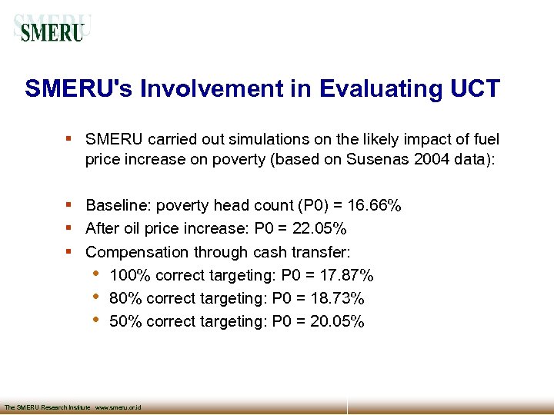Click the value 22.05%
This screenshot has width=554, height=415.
tap(320, 229)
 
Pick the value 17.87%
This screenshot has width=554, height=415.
tap(347, 275)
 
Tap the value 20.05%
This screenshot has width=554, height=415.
tap(337, 321)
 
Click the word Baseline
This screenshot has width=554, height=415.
tap(118, 206)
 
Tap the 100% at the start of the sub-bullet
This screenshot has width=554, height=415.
tap(126, 275)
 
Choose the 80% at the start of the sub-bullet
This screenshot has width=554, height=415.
tap(124, 298)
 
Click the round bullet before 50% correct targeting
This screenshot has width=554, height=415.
tap(95, 320)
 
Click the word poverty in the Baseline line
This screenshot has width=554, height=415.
tap(185, 206)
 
